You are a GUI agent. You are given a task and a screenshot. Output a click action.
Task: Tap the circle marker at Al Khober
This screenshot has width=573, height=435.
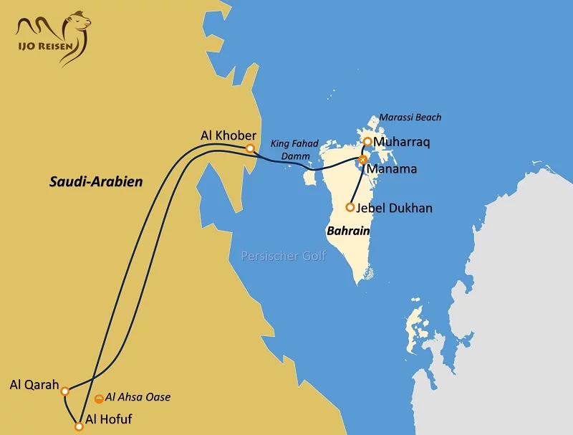pyautogui.click(x=250, y=148)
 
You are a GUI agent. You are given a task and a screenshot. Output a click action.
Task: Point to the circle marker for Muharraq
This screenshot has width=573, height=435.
pyautogui.click(x=367, y=142)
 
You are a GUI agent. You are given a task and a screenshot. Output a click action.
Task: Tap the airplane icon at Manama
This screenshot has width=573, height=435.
pyautogui.click(x=363, y=160)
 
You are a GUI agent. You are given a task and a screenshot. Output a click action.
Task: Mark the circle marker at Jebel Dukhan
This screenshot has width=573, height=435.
pyautogui.click(x=350, y=207)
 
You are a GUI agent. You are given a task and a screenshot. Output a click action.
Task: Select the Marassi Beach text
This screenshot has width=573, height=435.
pyautogui.click(x=410, y=117)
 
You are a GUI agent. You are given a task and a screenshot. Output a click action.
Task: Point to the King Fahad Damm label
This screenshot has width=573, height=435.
pyautogui.click(x=294, y=149)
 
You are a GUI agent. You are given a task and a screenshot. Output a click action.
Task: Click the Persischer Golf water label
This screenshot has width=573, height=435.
pyautogui.click(x=283, y=256)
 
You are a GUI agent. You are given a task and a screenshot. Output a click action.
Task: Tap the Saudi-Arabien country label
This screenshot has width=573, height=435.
pyautogui.click(x=96, y=181)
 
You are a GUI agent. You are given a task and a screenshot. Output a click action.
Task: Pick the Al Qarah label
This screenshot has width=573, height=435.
pyautogui.click(x=34, y=384)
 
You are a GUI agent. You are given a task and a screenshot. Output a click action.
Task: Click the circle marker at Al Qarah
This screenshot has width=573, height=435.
pyautogui.click(x=65, y=391)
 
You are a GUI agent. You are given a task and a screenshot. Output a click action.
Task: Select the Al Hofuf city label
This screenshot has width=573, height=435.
pyautogui.click(x=108, y=419)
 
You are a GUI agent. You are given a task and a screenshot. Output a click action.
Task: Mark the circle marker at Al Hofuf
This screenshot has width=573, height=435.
pyautogui.click(x=79, y=426)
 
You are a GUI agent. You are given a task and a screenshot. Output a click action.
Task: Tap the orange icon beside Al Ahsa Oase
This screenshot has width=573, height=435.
pyautogui.click(x=99, y=398)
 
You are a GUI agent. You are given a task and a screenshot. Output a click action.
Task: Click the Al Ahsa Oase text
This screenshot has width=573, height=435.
pyautogui.click(x=138, y=397)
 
